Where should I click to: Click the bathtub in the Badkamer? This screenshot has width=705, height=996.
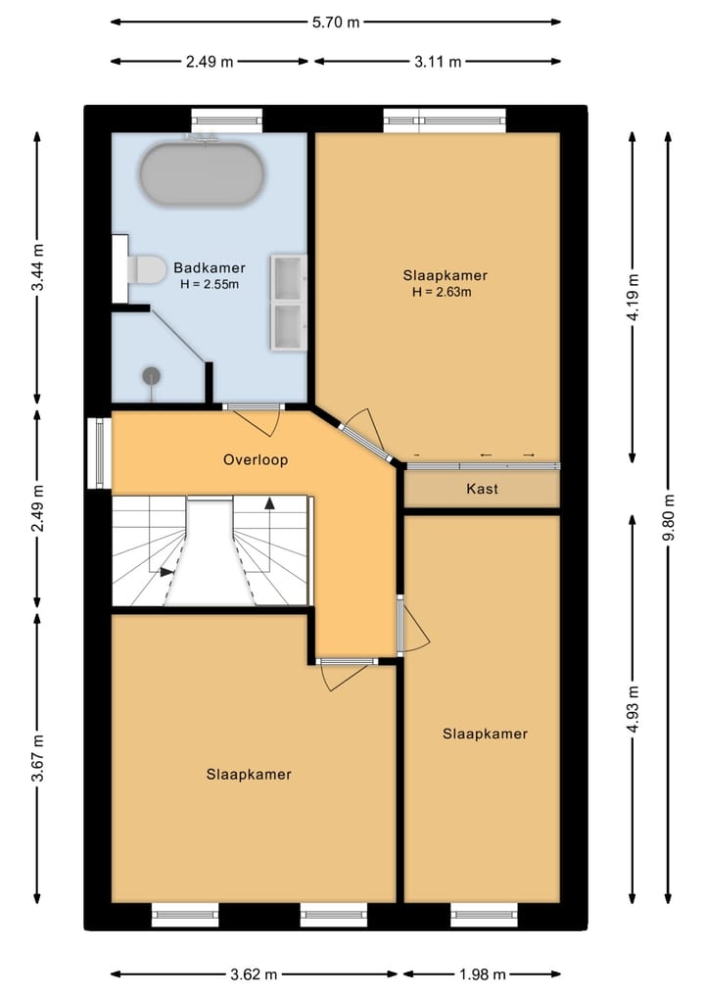coord(202,174)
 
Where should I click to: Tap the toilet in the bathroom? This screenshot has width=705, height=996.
coord(147,269)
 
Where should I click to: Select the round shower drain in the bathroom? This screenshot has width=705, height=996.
coord(152,374)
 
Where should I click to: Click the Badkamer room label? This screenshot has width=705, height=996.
coord(210,267)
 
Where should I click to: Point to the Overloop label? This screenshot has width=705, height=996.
coord(256,459)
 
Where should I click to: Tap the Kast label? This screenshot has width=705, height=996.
coord(482,488)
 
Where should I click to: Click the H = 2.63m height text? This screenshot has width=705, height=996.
coord(442,292)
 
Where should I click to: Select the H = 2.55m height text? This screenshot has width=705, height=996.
coord(210,284)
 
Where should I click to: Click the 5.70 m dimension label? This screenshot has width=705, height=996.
coord(336,21)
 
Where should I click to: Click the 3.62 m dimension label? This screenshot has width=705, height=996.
coord(255,974)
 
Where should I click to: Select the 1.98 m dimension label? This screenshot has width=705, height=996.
coord(482,974)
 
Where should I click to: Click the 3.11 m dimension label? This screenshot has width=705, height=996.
coord(438,62)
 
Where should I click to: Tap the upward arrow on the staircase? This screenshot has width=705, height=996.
coord(269,502)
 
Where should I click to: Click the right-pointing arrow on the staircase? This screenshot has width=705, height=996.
coord(167,572)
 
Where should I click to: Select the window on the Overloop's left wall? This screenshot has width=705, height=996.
coord(98,453)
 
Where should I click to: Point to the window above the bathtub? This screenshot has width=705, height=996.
coord(227,120)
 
